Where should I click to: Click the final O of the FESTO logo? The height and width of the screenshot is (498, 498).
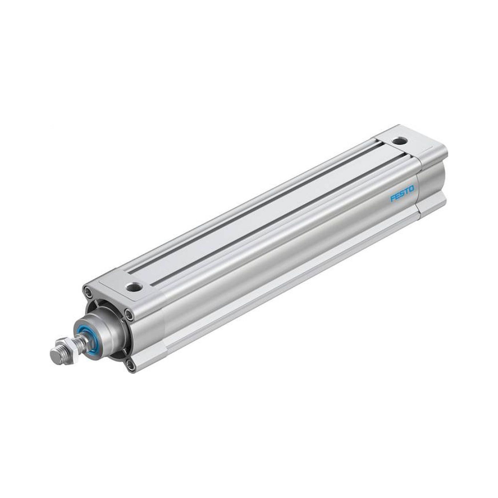tap(411, 188)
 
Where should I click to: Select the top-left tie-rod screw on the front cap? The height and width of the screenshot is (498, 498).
tap(88, 292)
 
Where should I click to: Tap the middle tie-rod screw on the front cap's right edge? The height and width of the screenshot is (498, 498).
tap(128, 314)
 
